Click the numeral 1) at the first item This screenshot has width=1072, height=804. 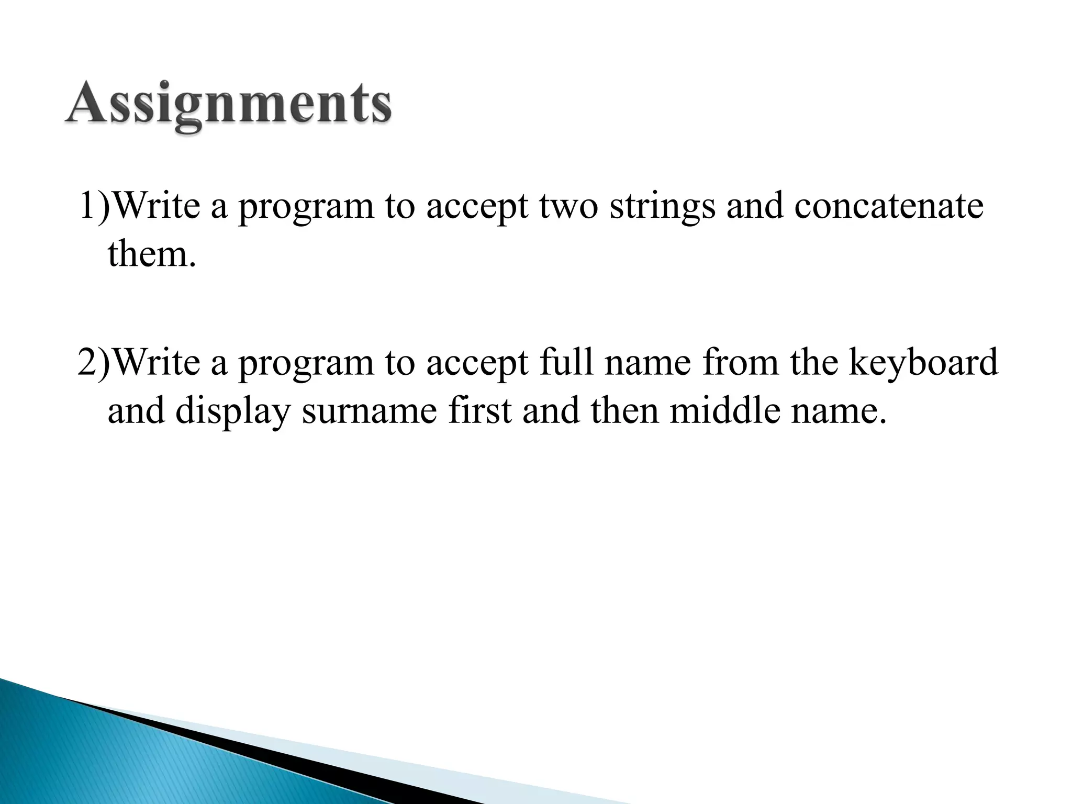(x=94, y=206)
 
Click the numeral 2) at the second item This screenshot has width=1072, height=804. (x=94, y=363)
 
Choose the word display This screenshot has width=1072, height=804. (x=232, y=411)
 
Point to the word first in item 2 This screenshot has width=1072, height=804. (x=479, y=410)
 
